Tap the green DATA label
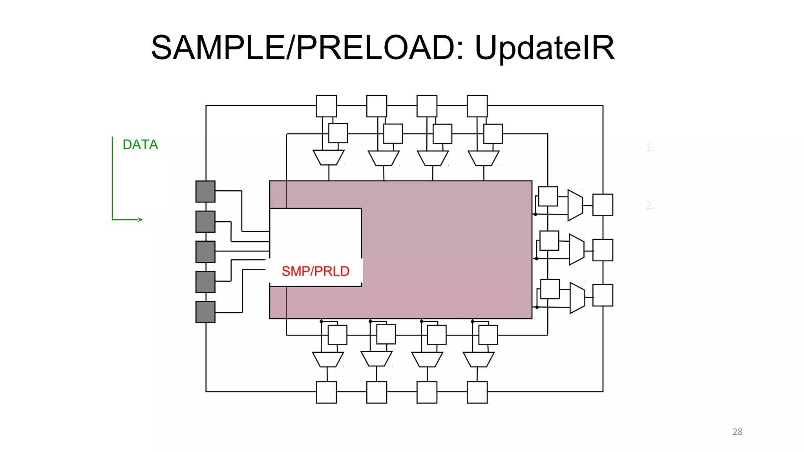click(140, 145)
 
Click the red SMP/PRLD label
click(315, 271)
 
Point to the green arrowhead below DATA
click(140, 220)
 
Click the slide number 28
click(737, 432)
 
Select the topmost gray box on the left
click(205, 191)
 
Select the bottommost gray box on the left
click(205, 312)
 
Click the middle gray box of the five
click(205, 252)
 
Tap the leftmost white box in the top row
click(326, 106)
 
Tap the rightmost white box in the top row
click(477, 106)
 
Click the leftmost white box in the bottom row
click(326, 392)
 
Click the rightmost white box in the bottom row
click(477, 392)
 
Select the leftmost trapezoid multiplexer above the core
click(329, 157)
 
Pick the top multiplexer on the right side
click(575, 205)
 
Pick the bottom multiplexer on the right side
click(577, 298)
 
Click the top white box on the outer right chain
click(603, 205)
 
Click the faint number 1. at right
click(650, 148)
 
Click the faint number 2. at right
click(650, 205)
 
